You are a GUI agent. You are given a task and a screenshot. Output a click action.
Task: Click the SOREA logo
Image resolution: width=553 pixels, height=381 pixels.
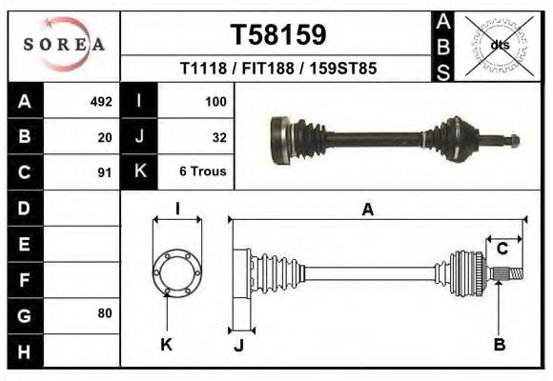tap(64, 45)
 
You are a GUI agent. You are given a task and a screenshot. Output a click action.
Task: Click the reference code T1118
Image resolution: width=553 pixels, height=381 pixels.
tap(203, 69)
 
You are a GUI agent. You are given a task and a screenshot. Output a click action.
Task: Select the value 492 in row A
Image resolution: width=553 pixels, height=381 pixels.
tap(101, 101)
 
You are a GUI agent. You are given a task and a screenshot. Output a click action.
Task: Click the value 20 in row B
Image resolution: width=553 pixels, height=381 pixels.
tap(105, 137)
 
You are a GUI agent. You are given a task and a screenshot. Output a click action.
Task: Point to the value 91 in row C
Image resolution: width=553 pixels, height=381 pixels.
tap(105, 173)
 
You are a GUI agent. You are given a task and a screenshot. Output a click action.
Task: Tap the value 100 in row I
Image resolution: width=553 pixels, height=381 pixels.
tap(215, 101)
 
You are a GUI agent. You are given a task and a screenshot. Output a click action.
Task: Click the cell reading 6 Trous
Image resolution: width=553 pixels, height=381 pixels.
tap(204, 173)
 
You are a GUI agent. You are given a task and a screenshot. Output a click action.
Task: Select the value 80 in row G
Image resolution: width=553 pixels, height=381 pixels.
tap(105, 313)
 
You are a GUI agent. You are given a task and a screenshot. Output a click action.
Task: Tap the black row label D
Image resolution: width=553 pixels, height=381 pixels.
tap(24, 208)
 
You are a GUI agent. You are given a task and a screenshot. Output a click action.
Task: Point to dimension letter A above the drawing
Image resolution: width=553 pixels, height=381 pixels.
tap(367, 211)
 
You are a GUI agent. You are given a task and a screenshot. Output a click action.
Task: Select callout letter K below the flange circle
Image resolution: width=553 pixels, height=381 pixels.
tap(166, 345)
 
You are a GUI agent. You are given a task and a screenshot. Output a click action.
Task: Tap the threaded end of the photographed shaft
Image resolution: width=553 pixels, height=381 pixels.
tap(511, 141)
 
